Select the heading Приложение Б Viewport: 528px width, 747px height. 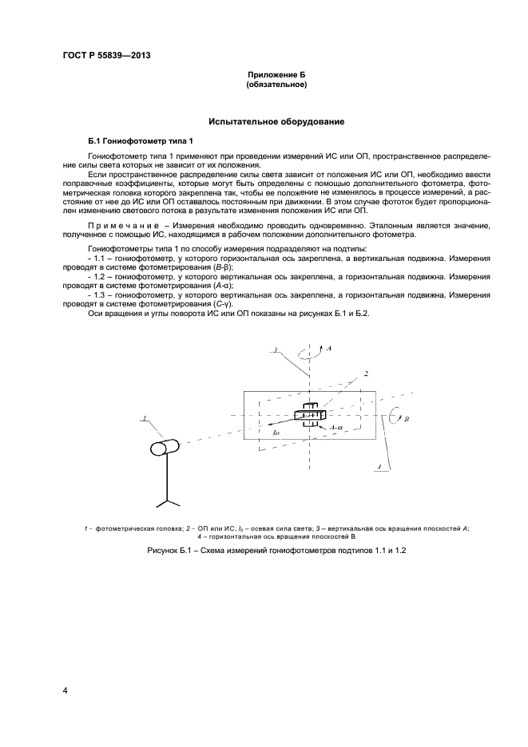pos(276,74)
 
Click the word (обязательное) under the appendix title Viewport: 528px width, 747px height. pos(276,84)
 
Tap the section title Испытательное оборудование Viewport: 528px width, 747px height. pos(276,122)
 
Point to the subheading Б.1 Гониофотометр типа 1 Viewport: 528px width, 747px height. pos(129,140)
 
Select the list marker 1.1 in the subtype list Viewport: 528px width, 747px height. pos(99,258)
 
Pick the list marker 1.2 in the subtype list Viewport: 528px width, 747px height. pos(99,275)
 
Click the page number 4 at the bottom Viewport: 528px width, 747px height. pos(65,690)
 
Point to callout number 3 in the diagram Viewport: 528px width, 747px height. pos(274,350)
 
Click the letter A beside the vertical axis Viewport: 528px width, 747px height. pos(329,349)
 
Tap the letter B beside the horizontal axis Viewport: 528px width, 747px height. pos(407,417)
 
